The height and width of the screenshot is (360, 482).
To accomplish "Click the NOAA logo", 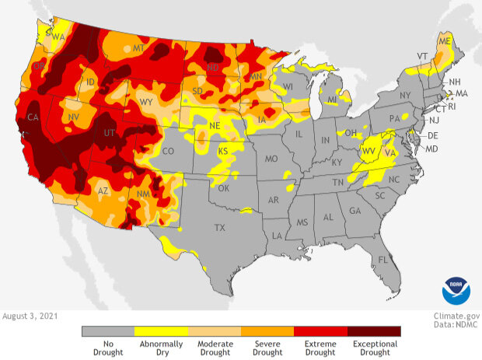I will [456, 289].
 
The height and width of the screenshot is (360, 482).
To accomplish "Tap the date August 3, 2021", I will [29, 316].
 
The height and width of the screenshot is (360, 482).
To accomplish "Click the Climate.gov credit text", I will [456, 316].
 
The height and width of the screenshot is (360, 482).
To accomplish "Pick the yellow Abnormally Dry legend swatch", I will [161, 330].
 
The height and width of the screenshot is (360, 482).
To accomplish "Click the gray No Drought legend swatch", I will [108, 330].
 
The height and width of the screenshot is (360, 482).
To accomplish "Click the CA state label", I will [33, 118].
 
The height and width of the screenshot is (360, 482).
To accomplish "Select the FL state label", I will [382, 259].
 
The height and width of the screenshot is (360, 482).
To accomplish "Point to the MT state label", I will [139, 48].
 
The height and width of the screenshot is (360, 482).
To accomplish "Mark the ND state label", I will [211, 68].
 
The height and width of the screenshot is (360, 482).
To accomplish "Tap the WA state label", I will [58, 37].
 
